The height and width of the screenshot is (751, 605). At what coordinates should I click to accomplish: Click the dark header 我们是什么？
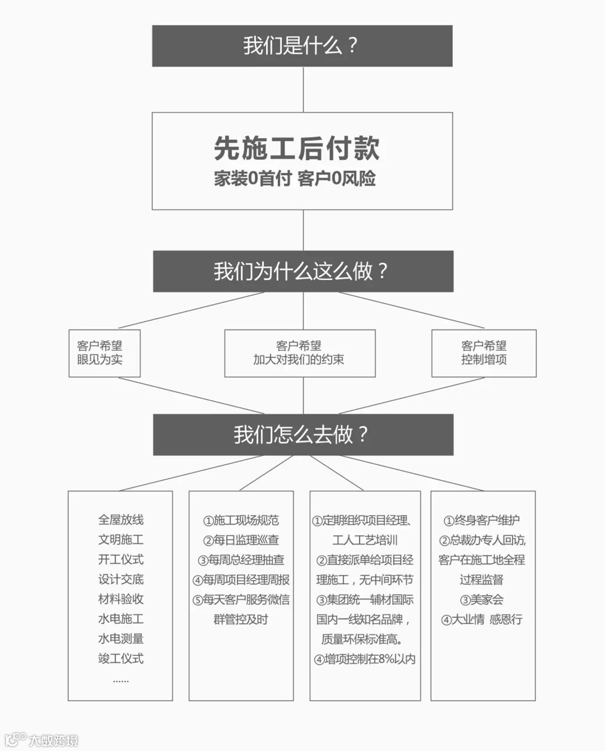click(302, 46)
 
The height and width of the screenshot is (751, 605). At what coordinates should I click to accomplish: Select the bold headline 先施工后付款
click(297, 148)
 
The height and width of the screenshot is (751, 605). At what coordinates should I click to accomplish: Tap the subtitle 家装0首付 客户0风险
click(295, 179)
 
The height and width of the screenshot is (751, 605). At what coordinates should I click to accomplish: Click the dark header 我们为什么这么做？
click(302, 271)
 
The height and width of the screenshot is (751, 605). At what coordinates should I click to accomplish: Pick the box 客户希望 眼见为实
click(104, 353)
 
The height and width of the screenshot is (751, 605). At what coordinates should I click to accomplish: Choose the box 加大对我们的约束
click(300, 353)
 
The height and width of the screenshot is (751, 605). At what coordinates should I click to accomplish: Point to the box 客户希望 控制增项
click(484, 353)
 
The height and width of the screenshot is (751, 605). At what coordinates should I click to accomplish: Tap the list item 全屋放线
click(121, 520)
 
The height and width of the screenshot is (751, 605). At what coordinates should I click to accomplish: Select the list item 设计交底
click(121, 579)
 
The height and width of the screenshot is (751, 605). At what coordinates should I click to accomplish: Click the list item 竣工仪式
click(121, 658)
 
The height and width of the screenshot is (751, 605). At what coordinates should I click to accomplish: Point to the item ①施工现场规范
click(241, 520)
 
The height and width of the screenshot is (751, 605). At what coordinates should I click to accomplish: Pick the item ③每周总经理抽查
click(241, 560)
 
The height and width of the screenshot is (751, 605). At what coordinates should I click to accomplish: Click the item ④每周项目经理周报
click(241, 580)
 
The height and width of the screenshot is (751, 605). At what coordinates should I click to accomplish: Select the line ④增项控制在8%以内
click(365, 659)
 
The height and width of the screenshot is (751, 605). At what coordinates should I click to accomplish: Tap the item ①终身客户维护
click(482, 520)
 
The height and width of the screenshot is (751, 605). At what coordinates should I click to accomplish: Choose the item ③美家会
click(482, 600)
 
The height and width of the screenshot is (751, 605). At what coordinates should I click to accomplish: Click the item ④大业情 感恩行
click(482, 620)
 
